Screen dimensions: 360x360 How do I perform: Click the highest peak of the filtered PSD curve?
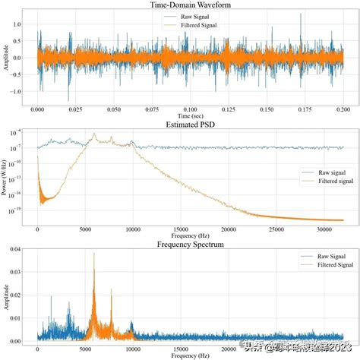coord(94,134)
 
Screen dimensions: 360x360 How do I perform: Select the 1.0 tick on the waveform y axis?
coord(19,24)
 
